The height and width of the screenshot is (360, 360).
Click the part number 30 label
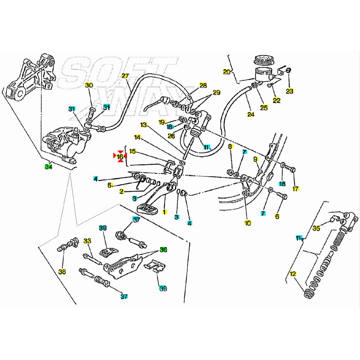click(x=89, y=85)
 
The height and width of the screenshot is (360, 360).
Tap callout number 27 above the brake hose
click(x=125, y=76)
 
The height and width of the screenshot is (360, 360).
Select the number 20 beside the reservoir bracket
click(x=227, y=72)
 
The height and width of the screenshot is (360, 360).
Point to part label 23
click(x=290, y=91)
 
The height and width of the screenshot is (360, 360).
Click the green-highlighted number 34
click(x=48, y=167)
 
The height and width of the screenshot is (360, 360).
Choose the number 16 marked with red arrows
click(x=120, y=157)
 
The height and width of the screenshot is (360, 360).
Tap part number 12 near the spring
click(x=293, y=274)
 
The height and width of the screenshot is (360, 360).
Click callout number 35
click(x=316, y=228)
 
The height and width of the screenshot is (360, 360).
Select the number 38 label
click(x=62, y=272)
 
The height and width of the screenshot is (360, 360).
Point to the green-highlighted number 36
click(x=163, y=250)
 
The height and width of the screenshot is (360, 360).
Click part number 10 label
click(x=248, y=223)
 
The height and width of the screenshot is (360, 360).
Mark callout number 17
click(x=296, y=189)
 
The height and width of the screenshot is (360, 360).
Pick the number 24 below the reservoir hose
click(x=251, y=115)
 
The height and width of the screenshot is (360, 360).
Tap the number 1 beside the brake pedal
click(x=165, y=212)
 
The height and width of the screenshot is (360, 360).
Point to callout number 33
click(x=87, y=241)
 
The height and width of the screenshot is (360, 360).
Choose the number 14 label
click(x=137, y=137)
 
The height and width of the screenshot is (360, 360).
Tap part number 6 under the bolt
click(x=277, y=216)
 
